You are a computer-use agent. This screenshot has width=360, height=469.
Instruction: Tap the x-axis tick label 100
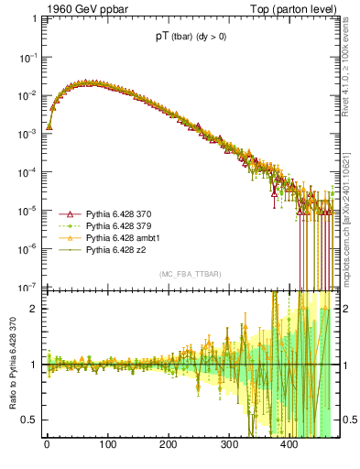click(x=107, y=446)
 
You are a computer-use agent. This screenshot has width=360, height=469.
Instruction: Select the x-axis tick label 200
click(x=168, y=446)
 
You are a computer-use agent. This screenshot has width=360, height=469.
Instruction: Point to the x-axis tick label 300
click(x=228, y=446)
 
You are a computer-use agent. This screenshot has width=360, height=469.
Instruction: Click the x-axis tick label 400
click(x=289, y=446)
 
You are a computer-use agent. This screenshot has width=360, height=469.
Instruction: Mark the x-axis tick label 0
click(x=47, y=446)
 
